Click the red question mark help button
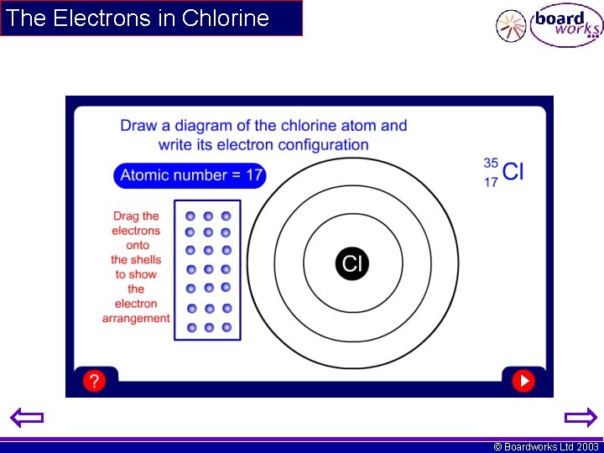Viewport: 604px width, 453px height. (94, 381)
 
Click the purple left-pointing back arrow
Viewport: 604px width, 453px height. (27, 417)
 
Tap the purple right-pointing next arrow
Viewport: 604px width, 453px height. (580, 417)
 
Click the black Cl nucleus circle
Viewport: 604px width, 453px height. (352, 263)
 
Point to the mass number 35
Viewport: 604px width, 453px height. (491, 163)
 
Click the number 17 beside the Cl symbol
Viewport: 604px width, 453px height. (491, 181)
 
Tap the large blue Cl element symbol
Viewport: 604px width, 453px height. (513, 172)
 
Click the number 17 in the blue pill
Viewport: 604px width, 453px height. (253, 175)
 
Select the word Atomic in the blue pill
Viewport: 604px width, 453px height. (143, 175)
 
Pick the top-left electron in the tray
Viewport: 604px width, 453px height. (190, 216)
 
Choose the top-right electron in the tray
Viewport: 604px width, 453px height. (226, 216)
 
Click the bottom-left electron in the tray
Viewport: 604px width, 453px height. (191, 327)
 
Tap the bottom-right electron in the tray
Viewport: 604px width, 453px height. (226, 327)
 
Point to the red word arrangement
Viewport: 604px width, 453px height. (136, 318)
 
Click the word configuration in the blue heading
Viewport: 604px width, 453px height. (323, 144)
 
